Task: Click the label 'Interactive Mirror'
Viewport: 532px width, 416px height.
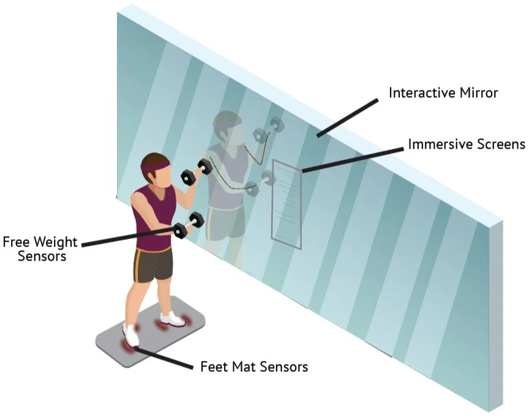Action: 443,93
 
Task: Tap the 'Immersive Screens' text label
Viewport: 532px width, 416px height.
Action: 466,144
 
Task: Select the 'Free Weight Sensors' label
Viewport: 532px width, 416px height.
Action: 42,248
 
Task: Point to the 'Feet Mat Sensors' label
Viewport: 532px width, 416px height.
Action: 254,366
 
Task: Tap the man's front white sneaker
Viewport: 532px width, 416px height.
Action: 131,335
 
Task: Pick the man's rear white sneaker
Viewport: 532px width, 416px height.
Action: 172,319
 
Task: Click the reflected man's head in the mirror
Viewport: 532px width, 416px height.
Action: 225,126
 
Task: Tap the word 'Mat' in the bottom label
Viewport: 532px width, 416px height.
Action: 241,366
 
